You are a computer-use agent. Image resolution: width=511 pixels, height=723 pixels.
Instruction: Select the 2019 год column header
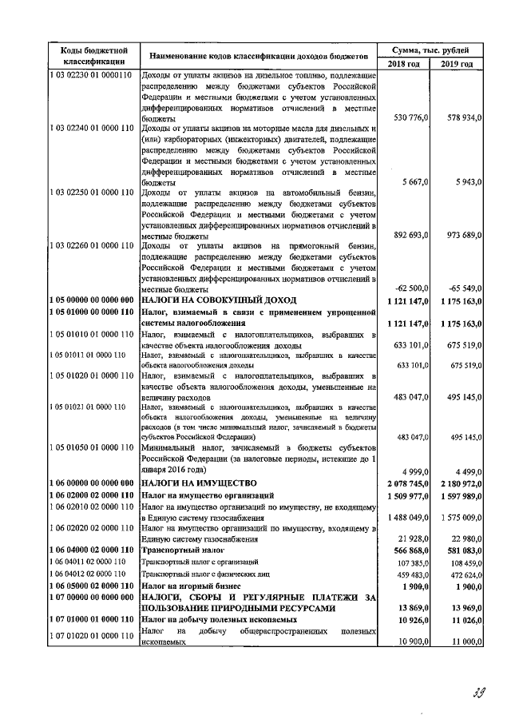(456, 64)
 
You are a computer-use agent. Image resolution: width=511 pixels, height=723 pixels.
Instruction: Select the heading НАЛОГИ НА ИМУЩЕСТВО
(199, 483)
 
